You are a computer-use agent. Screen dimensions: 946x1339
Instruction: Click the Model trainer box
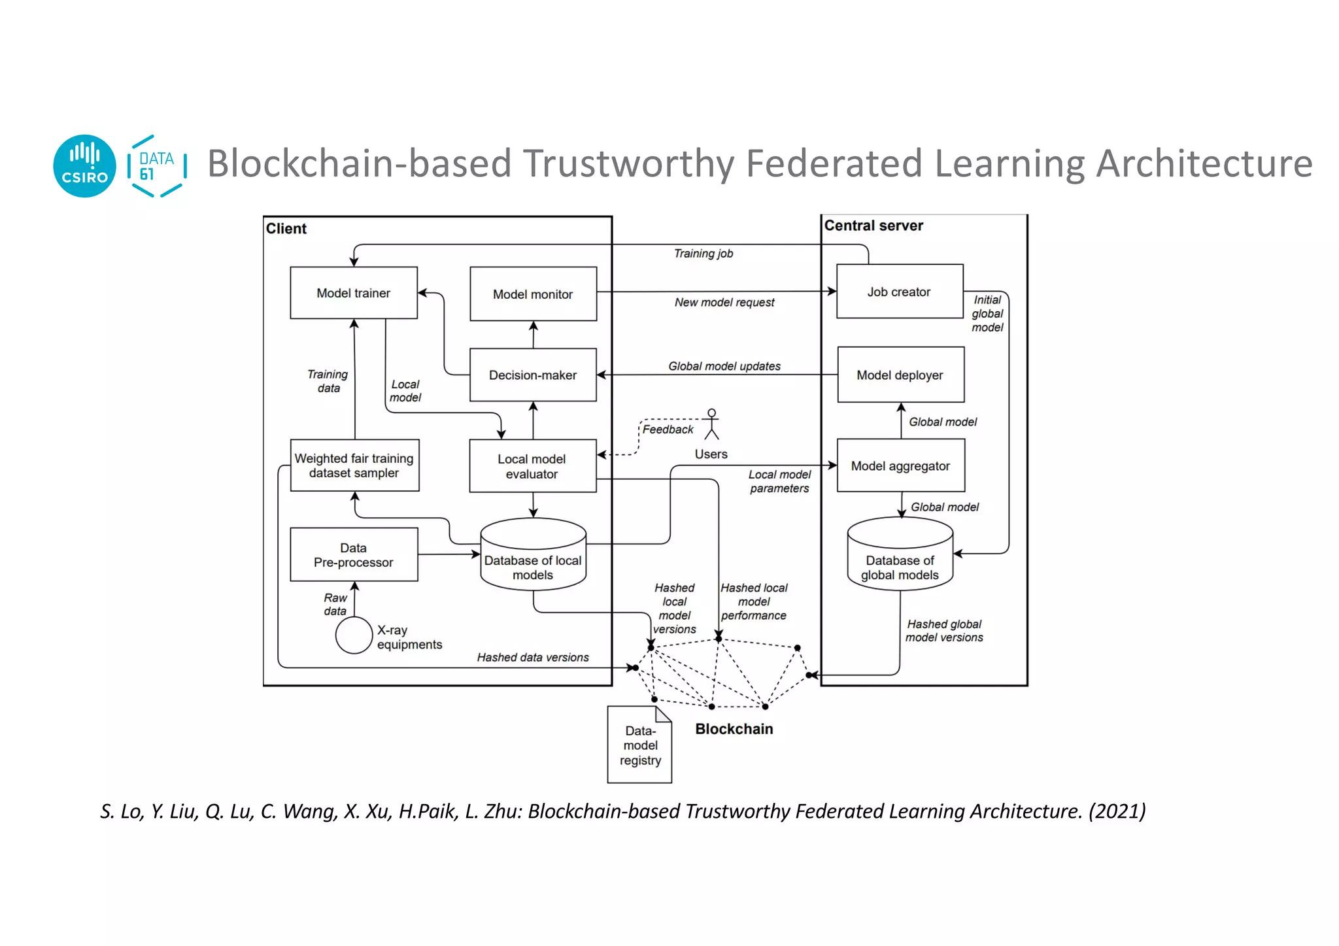[353, 293]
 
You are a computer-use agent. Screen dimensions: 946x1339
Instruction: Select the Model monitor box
[533, 294]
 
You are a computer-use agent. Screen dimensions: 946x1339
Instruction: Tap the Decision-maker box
[533, 375]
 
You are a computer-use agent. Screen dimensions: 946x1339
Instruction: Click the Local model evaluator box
[532, 466]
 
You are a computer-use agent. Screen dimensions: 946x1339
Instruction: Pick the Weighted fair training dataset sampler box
[354, 465]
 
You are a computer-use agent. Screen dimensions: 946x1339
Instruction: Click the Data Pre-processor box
[354, 555]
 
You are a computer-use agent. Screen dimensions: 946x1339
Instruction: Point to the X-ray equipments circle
[354, 635]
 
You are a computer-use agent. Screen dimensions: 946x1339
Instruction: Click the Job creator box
[899, 292]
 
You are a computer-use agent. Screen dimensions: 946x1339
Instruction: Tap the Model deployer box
[900, 375]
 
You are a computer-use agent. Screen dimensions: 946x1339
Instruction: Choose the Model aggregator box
[900, 465]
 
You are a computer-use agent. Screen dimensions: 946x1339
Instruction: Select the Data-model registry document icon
[639, 745]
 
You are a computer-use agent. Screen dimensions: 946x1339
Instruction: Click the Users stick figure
[711, 425]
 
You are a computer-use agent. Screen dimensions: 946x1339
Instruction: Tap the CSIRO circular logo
[84, 166]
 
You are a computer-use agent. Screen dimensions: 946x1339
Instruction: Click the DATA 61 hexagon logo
[156, 166]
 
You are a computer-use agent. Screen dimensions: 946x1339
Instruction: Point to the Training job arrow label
[703, 254]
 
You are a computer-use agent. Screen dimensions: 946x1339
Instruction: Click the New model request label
[724, 303]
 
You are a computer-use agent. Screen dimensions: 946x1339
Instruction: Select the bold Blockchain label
[734, 729]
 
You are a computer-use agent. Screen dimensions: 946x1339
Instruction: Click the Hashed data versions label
[532, 657]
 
